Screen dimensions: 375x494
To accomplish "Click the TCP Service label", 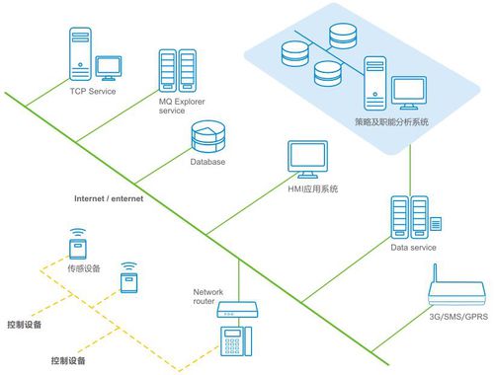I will pyautogui.click(x=92, y=92).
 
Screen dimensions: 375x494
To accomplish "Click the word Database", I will pyautogui.click(x=207, y=161).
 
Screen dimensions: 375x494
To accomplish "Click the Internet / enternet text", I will pyautogui.click(x=109, y=198).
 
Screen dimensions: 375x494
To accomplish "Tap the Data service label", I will pyautogui.click(x=414, y=248).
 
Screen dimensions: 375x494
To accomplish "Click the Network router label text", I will pyautogui.click(x=209, y=297).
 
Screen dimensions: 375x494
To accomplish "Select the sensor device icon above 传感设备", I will pyautogui.click(x=76, y=243).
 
